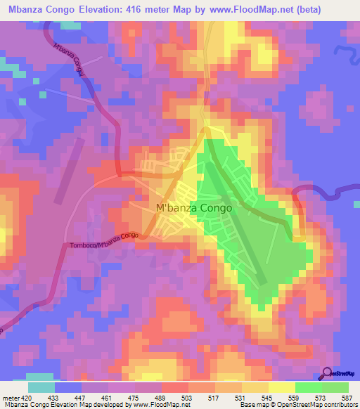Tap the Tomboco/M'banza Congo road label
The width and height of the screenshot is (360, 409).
pyautogui.click(x=103, y=240)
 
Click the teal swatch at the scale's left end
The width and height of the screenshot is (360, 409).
pyautogui.click(x=41, y=387)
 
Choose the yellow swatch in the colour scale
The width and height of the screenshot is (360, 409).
pyautogui.click(x=282, y=387)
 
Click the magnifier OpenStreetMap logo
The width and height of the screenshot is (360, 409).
pyautogui.click(x=328, y=372)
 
